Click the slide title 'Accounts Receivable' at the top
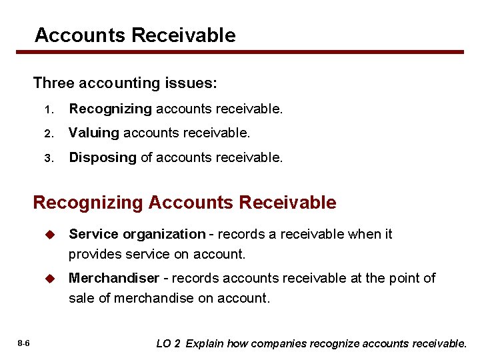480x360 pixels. [x=135, y=35]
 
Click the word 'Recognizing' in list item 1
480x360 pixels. [x=111, y=108]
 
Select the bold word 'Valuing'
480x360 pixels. [x=94, y=133]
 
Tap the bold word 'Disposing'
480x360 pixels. [x=103, y=158]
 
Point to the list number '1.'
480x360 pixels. [x=49, y=109]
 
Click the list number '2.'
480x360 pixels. [x=49, y=133]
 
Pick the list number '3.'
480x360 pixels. [x=49, y=159]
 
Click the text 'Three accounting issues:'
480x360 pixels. [x=125, y=83]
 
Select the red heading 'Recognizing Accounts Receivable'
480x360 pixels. [x=185, y=202]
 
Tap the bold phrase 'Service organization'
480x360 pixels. [x=137, y=234]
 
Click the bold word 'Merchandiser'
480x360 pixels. [x=114, y=278]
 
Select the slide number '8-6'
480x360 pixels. [x=23, y=343]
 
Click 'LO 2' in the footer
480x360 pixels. [x=168, y=344]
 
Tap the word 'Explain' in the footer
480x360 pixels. [x=205, y=344]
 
